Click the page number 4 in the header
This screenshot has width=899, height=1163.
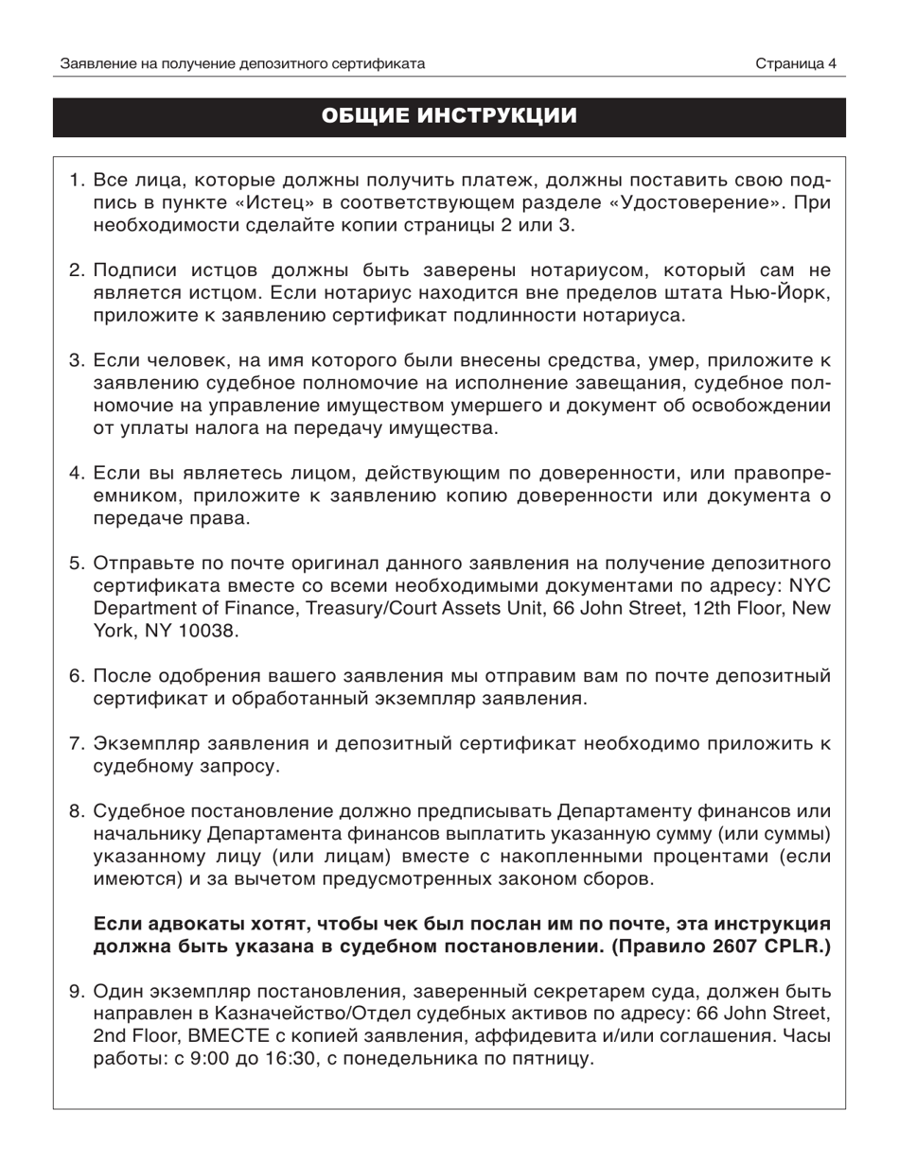[832, 64]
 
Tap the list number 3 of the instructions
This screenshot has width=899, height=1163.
[76, 359]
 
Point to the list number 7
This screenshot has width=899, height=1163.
[76, 743]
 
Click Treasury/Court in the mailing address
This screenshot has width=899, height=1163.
[360, 609]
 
